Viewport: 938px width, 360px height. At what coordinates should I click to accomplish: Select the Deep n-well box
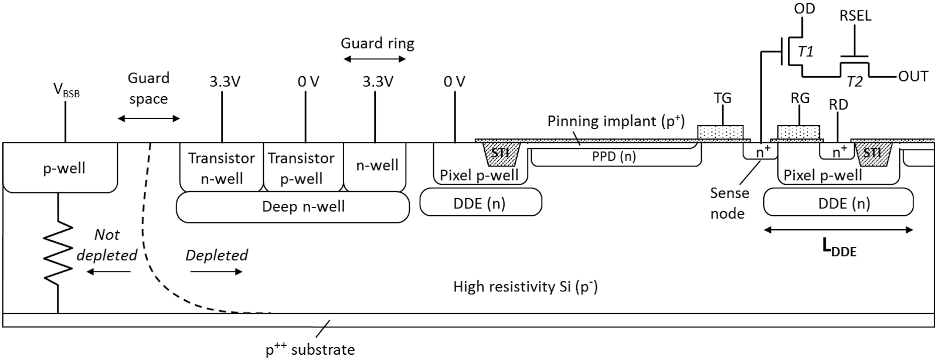click(x=292, y=207)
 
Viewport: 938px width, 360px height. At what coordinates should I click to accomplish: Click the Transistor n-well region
click(x=221, y=168)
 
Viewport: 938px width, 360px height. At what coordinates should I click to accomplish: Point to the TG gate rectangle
click(x=720, y=133)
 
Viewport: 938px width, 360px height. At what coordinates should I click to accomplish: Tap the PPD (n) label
click(x=614, y=157)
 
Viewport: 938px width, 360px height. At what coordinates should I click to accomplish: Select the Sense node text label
click(x=729, y=203)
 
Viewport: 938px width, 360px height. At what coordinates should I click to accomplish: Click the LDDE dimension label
click(x=839, y=249)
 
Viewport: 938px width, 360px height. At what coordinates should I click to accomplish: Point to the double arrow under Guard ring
click(x=374, y=59)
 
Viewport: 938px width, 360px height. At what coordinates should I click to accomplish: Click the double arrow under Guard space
click(x=149, y=118)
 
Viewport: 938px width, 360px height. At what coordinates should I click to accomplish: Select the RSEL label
click(x=855, y=16)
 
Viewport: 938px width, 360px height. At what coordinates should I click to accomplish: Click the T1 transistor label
click(x=806, y=52)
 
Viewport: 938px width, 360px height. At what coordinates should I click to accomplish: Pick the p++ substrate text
click(x=310, y=350)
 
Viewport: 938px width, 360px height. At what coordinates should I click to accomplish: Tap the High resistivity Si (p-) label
click(x=525, y=287)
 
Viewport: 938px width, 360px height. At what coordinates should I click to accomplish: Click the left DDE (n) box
click(x=481, y=203)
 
